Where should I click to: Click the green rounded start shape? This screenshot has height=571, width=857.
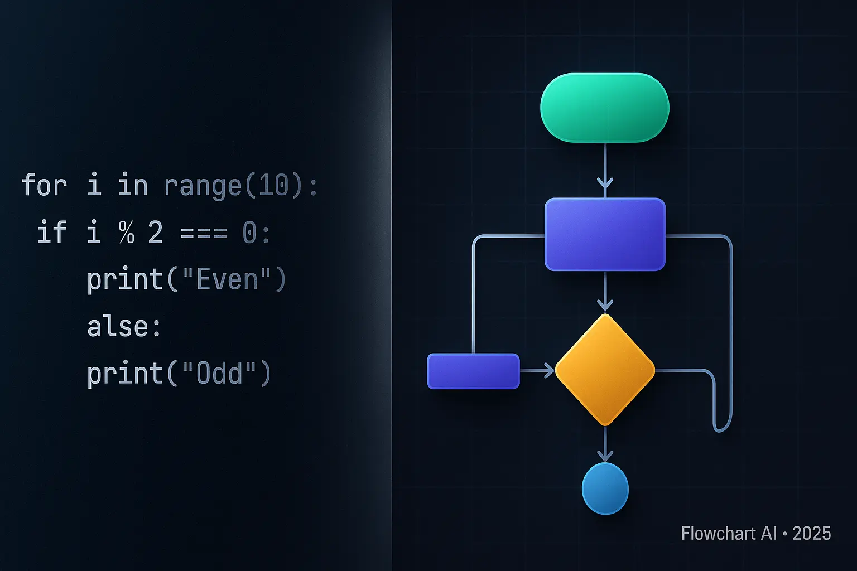pyautogui.click(x=605, y=108)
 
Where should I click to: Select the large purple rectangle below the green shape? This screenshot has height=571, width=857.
pyautogui.click(x=605, y=234)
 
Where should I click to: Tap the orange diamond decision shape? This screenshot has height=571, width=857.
pyautogui.click(x=605, y=369)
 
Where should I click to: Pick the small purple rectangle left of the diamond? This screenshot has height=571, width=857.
pyautogui.click(x=473, y=371)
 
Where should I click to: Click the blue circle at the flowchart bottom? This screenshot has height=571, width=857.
pyautogui.click(x=605, y=488)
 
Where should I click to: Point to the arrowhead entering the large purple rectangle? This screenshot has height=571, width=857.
pyautogui.click(x=605, y=183)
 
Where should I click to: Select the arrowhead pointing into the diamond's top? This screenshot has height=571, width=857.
pyautogui.click(x=605, y=304)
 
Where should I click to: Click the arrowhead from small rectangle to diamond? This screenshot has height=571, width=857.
pyautogui.click(x=547, y=370)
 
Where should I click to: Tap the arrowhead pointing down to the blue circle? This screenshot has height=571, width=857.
pyautogui.click(x=605, y=455)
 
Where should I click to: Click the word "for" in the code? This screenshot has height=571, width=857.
pyautogui.click(x=44, y=185)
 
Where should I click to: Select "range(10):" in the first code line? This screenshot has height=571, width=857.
pyautogui.click(x=240, y=185)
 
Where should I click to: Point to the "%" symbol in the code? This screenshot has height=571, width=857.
pyautogui.click(x=127, y=232)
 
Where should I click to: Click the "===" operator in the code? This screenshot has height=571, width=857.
pyautogui.click(x=204, y=233)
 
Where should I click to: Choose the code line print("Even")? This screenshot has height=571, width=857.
pyautogui.click(x=186, y=279)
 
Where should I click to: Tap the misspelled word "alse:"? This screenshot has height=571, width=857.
pyautogui.click(x=124, y=326)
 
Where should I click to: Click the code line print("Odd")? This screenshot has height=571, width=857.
pyautogui.click(x=179, y=373)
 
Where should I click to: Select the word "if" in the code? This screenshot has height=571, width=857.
pyautogui.click(x=51, y=232)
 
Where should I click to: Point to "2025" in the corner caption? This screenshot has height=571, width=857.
pyautogui.click(x=811, y=534)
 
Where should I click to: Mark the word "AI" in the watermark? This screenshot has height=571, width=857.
pyautogui.click(x=768, y=534)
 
